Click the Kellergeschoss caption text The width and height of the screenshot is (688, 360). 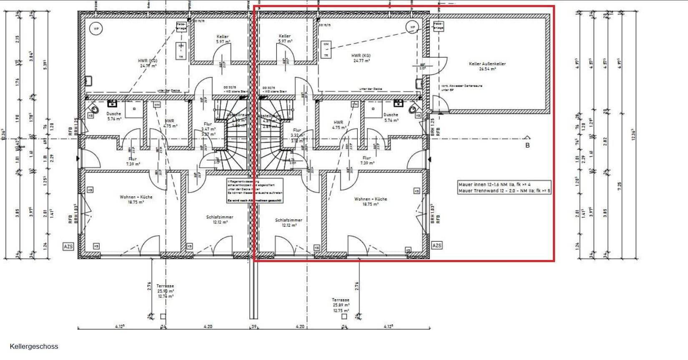34,346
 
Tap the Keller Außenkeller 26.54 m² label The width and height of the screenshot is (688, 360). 487,66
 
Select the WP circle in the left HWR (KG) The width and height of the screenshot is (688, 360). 96,29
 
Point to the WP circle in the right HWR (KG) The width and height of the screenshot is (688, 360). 413,27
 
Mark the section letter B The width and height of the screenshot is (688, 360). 527,145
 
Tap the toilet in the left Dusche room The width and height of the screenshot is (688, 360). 95,109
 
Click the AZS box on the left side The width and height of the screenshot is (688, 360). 68,246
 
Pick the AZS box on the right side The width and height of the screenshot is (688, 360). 437,245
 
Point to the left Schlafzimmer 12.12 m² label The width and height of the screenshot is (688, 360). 220,220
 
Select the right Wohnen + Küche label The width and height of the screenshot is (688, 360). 370,201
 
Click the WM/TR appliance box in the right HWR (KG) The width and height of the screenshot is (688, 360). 326,50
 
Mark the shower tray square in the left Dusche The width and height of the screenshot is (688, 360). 135,109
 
